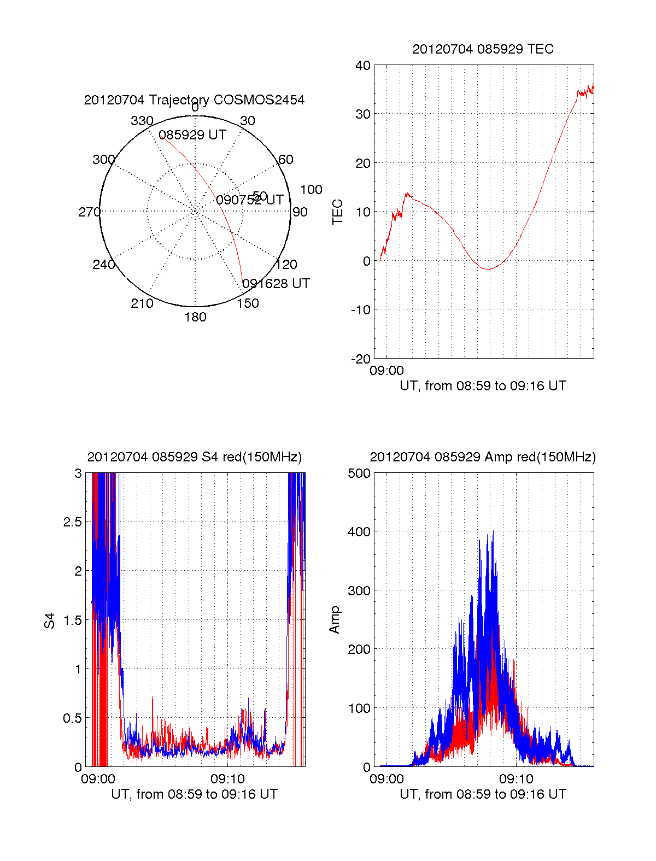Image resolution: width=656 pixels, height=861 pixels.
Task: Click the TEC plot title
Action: point(483,49)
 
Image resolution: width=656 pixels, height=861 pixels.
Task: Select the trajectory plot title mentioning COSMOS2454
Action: point(194,100)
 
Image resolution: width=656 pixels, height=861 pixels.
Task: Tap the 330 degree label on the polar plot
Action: point(142,121)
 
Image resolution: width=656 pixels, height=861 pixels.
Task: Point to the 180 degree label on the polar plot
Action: point(195,317)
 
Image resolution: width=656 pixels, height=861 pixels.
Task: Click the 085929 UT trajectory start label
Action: point(192,135)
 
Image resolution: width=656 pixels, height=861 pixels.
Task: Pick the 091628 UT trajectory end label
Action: point(276,284)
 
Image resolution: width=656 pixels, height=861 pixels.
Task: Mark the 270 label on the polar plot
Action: point(89,212)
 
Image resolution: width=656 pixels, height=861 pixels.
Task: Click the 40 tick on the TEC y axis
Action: point(363,66)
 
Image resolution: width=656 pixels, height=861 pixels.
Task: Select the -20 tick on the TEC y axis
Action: point(361,359)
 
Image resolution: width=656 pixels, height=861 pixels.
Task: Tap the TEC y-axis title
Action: point(338,212)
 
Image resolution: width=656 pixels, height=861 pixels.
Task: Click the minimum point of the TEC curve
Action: point(488,269)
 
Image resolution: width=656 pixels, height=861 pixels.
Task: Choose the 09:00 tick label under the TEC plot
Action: point(386,371)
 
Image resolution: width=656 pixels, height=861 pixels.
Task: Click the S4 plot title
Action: point(194,457)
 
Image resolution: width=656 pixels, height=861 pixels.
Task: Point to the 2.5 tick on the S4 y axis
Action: point(73,522)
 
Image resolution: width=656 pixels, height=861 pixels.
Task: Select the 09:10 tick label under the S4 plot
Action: point(228,778)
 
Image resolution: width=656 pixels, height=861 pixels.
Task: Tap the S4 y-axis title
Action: point(50,620)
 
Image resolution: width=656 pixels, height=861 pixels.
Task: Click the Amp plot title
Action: point(483,457)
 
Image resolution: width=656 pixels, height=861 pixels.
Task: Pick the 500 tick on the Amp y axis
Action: point(360,473)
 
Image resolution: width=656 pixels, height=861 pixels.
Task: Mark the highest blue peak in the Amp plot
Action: point(493,531)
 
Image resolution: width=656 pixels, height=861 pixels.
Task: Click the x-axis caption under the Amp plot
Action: point(483,794)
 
